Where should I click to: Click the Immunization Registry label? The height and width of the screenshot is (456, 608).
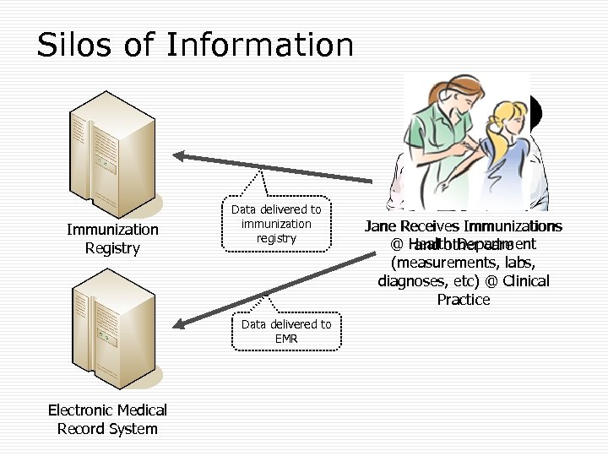coord(112,238)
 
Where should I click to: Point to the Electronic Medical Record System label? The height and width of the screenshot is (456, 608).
coord(107,419)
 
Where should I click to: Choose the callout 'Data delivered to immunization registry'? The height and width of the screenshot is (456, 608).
coord(276,224)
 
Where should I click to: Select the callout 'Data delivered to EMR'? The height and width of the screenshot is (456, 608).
coord(286,331)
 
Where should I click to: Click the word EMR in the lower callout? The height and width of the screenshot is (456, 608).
coord(287,339)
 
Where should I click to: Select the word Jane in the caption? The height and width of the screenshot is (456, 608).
coord(381,226)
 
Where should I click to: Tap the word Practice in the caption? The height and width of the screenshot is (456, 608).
coord(463,299)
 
